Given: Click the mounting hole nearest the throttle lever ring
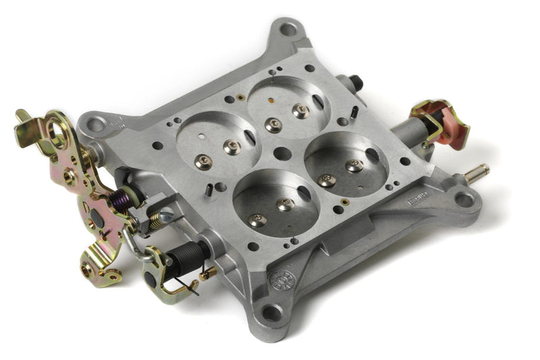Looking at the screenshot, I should point(96,124).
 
